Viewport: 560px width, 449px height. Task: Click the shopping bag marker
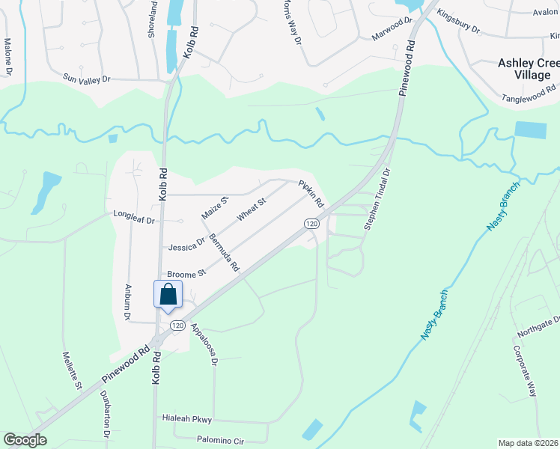tap(168, 294)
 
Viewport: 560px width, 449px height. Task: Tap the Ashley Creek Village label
tap(529, 69)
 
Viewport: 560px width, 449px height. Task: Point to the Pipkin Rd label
tap(311, 194)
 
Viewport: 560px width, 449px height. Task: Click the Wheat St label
tap(252, 210)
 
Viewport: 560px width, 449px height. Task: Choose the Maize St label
tap(214, 207)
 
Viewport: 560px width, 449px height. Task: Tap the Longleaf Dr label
tap(133, 219)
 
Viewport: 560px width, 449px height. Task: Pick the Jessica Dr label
tap(187, 245)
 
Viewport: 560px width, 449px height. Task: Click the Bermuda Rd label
tap(224, 252)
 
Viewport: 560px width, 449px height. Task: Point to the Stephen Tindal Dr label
tap(377, 198)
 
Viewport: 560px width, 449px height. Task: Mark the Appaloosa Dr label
tap(204, 344)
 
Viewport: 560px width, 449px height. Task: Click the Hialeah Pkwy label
tap(188, 418)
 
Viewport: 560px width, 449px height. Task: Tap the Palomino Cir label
tap(221, 441)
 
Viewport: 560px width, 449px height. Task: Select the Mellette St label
tap(72, 370)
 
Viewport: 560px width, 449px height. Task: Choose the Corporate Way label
tap(525, 370)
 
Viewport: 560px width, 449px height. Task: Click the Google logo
tap(25, 440)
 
